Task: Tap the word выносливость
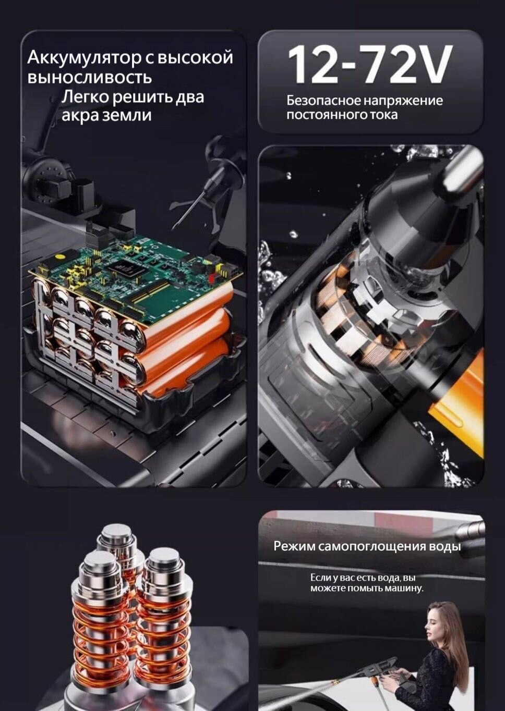[x=90, y=78]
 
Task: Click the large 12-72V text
[x=368, y=65]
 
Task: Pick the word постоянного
[x=326, y=115]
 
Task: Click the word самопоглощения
[x=371, y=547]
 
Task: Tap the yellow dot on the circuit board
[x=59, y=256]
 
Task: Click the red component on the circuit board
[x=211, y=277]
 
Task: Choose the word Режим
[x=294, y=547]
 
